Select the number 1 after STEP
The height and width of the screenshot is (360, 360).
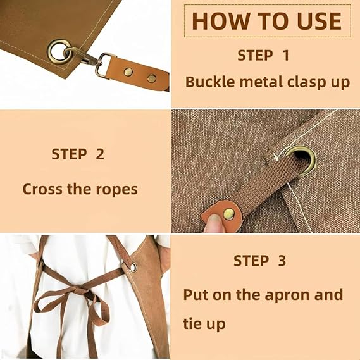click(285, 56)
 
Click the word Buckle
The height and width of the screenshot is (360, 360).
click(210, 82)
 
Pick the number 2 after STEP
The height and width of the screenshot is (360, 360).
click(100, 154)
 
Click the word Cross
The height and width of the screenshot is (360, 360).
click(42, 189)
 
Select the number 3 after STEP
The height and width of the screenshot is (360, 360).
click(282, 261)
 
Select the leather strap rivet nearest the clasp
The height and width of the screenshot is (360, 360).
click(128, 72)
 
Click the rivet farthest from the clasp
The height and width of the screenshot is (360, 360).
click(152, 78)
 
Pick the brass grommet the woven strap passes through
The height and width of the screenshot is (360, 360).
click(301, 161)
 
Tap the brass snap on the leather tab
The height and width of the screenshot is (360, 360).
click(229, 214)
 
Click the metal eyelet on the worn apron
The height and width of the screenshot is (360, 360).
click(133, 267)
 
